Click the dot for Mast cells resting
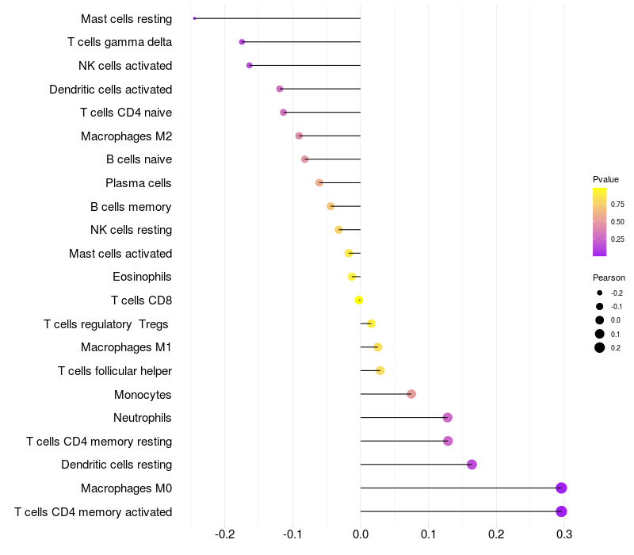coord(194,18)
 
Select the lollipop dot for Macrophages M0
coord(561,488)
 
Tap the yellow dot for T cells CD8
coord(359,300)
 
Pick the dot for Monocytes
coord(411,394)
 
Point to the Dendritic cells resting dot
coord(472,465)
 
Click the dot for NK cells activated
coord(250,66)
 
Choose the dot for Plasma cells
coord(319,183)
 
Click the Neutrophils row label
coord(143,418)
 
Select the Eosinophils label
coord(142,277)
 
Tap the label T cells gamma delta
coord(120,42)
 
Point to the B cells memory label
coord(131,207)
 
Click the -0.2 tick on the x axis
coord(225,534)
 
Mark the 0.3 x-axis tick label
coord(564,534)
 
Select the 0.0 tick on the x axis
coord(361,534)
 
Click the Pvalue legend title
coord(605,179)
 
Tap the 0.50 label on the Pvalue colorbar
coord(617,222)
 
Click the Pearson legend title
coord(609,277)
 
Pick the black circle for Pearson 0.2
coord(600,347)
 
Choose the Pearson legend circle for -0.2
coord(600,293)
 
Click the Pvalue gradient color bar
coord(600,222)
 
